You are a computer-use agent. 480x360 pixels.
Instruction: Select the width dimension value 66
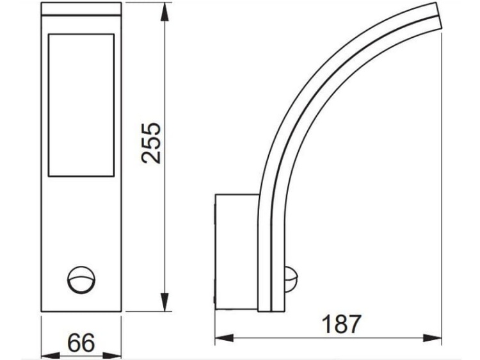pyautogui.click(x=81, y=343)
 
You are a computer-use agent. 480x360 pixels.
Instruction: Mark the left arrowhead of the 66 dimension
pyautogui.click(x=45, y=354)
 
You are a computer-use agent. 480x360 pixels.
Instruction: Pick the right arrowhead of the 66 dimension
pyautogui.click(x=117, y=354)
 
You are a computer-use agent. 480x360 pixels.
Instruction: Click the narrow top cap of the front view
pyautogui.click(x=81, y=10)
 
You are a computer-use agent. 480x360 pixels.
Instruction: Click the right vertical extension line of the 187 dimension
pyautogui.click(x=442, y=192)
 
